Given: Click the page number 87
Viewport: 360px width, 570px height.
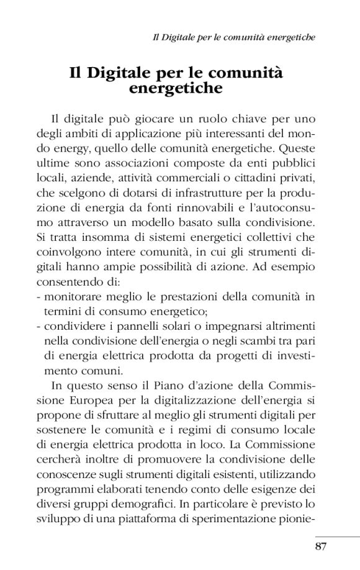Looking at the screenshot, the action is [x=320, y=546].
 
